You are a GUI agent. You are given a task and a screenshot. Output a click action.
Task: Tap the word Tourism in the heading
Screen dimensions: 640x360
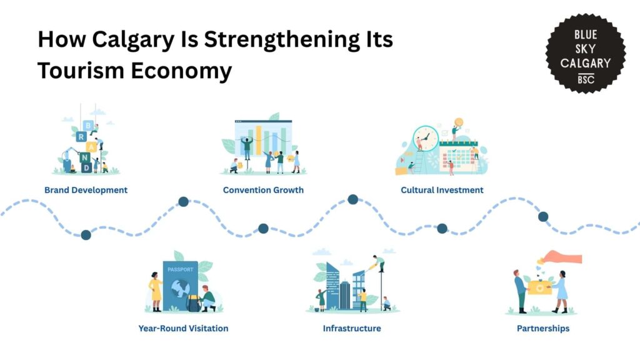81,71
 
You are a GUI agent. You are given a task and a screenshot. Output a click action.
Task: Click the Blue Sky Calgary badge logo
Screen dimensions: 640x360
585,54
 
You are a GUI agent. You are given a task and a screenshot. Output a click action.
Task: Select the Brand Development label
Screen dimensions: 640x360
86,190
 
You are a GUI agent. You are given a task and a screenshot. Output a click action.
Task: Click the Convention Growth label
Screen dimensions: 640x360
263,190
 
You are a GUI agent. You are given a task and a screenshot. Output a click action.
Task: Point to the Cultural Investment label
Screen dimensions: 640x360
442,190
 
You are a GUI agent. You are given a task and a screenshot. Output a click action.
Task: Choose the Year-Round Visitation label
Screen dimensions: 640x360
183,328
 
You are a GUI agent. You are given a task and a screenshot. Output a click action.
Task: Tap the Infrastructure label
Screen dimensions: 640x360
352,328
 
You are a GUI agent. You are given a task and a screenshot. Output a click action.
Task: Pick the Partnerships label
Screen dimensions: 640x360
543,329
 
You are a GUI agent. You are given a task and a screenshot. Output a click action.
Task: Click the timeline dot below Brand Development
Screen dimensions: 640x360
86,235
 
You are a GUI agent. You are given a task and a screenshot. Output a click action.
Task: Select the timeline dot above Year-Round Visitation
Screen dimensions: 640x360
184,201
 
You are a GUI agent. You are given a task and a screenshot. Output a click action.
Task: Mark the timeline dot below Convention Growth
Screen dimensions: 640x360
263,229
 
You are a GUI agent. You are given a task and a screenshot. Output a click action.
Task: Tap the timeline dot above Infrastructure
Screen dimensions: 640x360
353,199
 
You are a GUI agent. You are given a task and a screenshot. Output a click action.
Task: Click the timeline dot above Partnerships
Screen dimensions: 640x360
543,217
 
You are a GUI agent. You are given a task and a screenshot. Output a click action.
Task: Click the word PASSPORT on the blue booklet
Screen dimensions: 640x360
181,269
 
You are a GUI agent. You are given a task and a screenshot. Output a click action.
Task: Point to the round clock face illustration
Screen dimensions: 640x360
425,138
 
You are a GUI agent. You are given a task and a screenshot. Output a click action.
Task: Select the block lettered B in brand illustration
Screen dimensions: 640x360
88,126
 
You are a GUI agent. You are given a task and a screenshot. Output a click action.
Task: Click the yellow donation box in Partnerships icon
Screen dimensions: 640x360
539,287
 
